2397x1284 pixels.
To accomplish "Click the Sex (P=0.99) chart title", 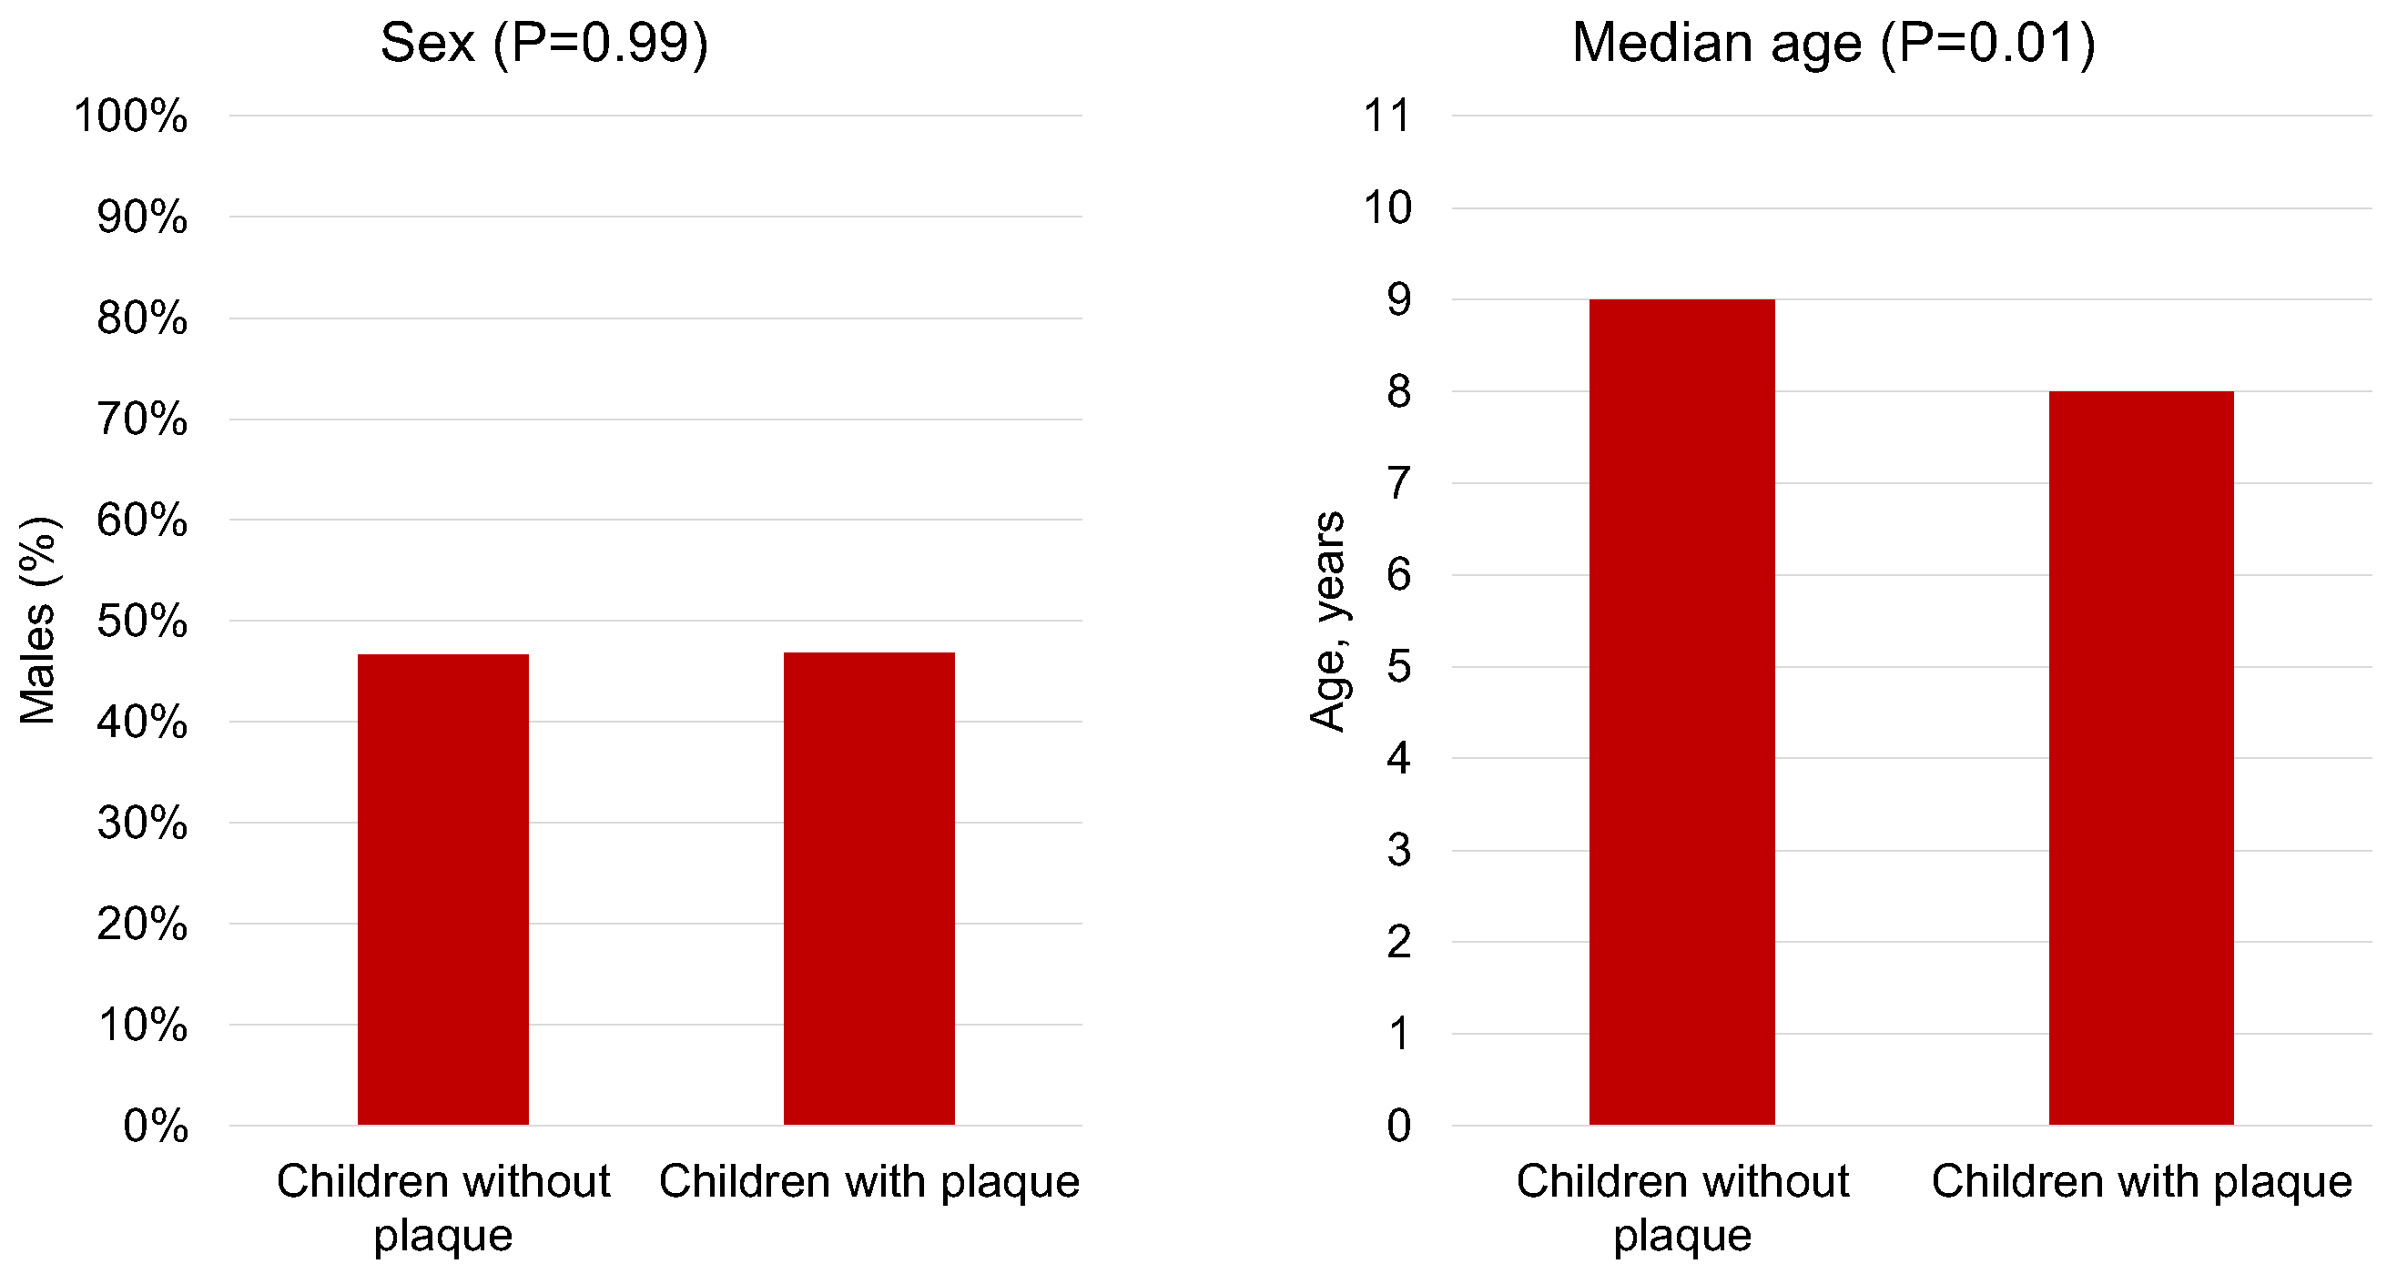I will click(544, 43).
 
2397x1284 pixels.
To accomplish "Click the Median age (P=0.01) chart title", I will click(1833, 43).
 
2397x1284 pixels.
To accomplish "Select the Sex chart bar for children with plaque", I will click(868, 888).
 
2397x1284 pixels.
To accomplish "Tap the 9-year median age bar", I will click(1681, 712).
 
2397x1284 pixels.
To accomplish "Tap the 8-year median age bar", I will click(2140, 758).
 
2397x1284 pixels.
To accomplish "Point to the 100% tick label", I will click(130, 116).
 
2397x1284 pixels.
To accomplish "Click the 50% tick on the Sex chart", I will click(141, 622).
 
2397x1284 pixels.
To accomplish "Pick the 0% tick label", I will click(156, 1126).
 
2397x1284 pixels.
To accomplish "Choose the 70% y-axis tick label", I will click(141, 420).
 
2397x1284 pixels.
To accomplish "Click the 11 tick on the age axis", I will click(1386, 116).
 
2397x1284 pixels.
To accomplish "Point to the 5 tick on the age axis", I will click(1398, 666).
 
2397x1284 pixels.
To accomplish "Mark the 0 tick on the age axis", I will click(1398, 1126).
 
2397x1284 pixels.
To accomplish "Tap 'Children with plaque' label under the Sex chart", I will click(868, 1182).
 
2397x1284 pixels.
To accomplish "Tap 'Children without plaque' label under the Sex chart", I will click(443, 1207).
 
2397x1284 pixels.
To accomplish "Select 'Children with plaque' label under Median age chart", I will click(2140, 1182).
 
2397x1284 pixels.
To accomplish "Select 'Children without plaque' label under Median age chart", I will click(1681, 1207).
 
